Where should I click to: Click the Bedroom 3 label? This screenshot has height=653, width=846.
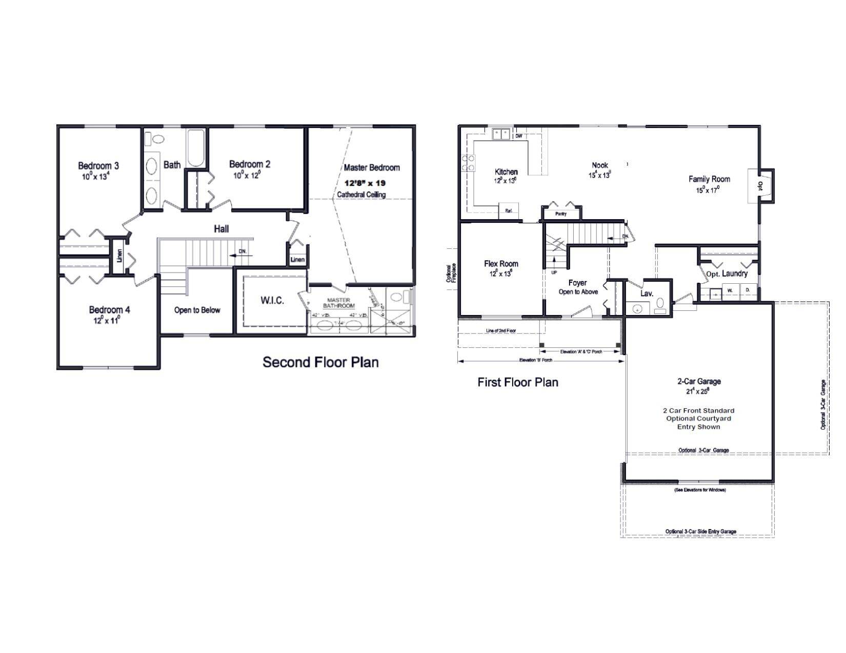98,166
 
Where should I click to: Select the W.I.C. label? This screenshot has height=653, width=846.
272,301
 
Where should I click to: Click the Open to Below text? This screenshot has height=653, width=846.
197,310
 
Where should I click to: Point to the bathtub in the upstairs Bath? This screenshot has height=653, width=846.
196,148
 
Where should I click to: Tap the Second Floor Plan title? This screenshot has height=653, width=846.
320,362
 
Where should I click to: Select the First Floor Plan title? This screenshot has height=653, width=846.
517,382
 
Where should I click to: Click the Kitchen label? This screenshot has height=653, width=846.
506,172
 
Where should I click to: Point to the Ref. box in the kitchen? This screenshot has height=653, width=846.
509,210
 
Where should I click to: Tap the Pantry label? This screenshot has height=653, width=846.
561,214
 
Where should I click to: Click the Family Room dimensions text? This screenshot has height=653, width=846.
708,189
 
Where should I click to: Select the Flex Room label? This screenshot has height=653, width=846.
501,264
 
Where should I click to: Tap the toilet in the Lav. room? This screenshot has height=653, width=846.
660,305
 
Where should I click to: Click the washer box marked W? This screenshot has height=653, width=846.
730,290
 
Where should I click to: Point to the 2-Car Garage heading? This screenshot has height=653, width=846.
699,382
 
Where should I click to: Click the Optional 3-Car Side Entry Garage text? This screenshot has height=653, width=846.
700,532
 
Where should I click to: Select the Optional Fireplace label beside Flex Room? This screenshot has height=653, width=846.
451,273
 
